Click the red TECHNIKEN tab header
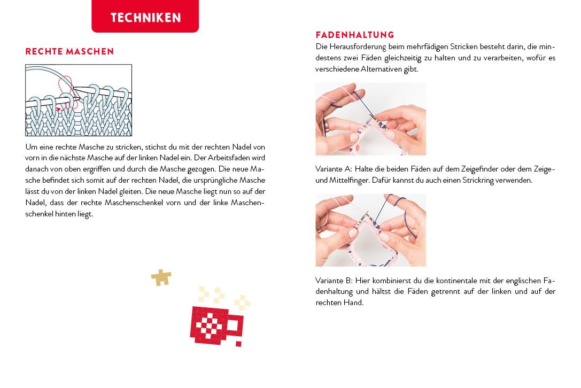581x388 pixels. pos(145,17)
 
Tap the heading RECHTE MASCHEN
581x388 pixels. pos(69,52)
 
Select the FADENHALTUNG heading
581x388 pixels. pos(354,35)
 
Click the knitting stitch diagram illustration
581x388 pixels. pos(79,100)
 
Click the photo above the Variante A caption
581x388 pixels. pos(370,119)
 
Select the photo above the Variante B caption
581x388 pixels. pos(370,230)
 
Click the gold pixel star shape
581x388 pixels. pos(161,277)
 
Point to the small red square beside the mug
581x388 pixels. pos(238,343)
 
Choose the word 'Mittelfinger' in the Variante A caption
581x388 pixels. pos(337,180)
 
